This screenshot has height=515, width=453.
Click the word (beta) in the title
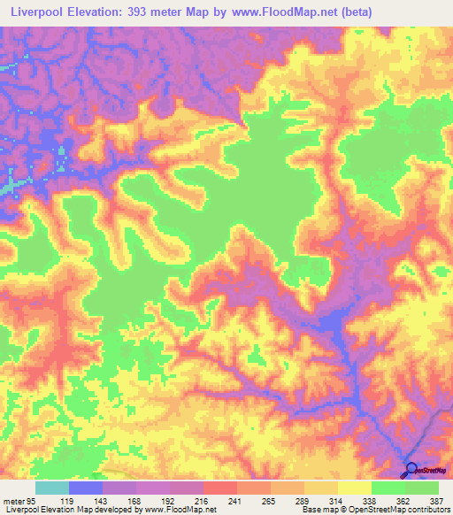[353, 12]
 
